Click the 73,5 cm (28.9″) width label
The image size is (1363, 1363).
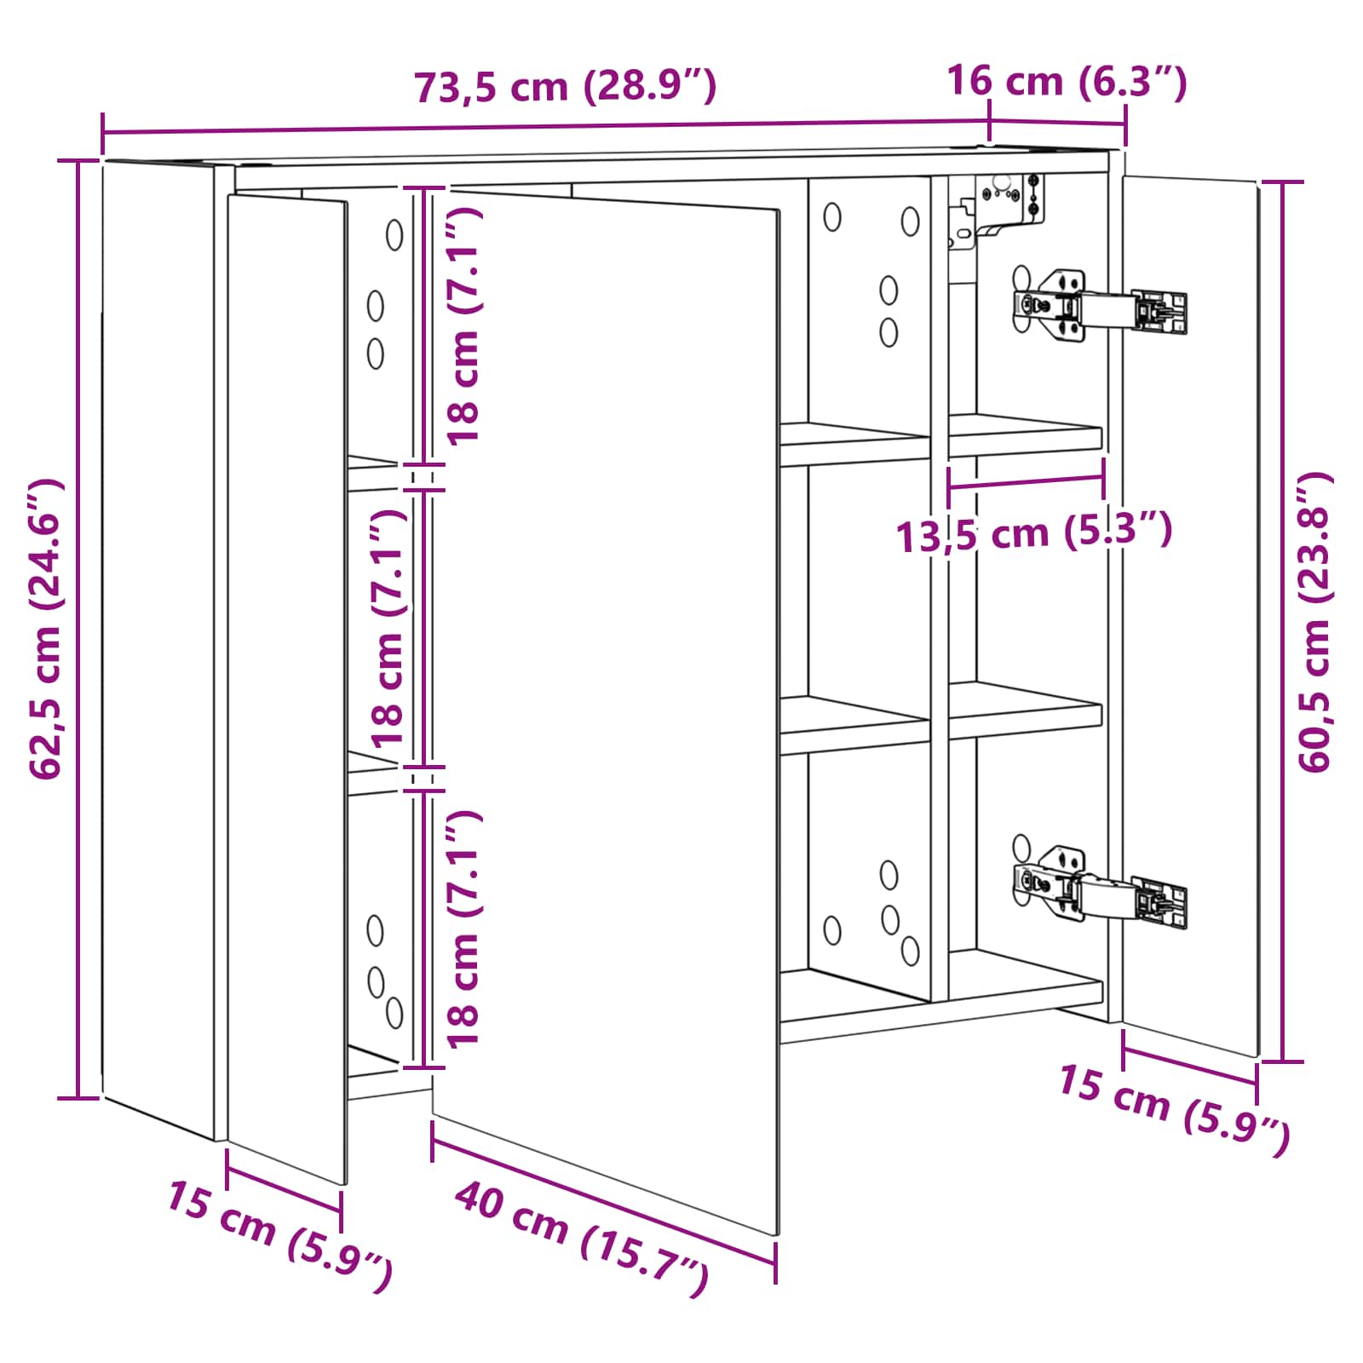coord(565,87)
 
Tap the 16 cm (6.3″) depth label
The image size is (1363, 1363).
coord(1067,82)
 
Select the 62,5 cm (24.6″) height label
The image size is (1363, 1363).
coord(46,629)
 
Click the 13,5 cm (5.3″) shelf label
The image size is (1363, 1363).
coord(1034,533)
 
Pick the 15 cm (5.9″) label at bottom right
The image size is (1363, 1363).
coord(1174,1109)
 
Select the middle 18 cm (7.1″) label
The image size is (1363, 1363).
coord(388,629)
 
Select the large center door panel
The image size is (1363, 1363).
coord(607,711)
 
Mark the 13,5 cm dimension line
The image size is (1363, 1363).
coord(1026,481)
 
